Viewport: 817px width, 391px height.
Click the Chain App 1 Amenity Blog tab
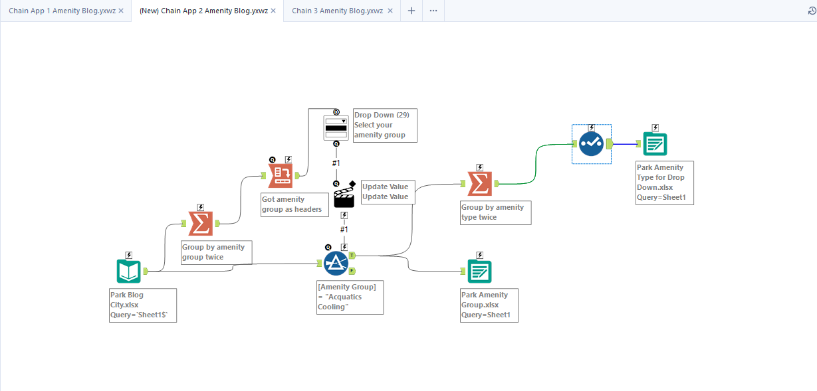[62, 11]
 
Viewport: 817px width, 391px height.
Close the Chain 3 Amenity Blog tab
[390, 11]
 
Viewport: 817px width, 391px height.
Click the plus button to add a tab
[411, 11]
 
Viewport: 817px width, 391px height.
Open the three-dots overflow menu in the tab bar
[433, 11]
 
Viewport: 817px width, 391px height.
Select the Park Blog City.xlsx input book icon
[129, 272]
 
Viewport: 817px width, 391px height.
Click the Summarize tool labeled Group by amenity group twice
[201, 224]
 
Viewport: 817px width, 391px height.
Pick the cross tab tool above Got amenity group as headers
[281, 176]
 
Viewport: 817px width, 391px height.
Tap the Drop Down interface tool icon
[336, 127]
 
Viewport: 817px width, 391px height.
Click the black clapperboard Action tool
[344, 195]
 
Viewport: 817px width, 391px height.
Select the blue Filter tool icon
[336, 264]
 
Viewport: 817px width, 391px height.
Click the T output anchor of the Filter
[352, 256]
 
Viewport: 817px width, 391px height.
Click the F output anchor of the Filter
[352, 271]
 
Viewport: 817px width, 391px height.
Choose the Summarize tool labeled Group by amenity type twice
[480, 184]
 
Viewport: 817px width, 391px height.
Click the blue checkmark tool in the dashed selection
[591, 144]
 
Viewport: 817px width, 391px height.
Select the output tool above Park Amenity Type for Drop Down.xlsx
[655, 144]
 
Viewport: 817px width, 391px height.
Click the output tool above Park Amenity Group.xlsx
[479, 272]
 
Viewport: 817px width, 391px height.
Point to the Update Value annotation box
[388, 192]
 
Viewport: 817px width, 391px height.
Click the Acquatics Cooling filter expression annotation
[350, 297]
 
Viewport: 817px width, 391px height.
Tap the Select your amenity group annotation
[385, 125]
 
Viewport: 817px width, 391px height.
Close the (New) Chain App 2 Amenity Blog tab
[273, 11]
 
